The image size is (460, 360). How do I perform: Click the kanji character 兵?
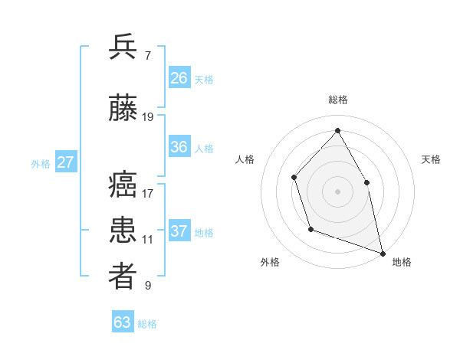[123, 47]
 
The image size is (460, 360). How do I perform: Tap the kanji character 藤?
[123, 110]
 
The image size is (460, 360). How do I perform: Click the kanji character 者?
[123, 277]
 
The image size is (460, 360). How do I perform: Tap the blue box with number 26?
[179, 78]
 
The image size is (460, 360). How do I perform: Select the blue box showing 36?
[179, 148]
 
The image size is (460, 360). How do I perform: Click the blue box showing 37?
[179, 231]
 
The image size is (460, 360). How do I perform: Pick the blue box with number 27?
[65, 162]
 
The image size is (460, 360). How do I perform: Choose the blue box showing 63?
[123, 322]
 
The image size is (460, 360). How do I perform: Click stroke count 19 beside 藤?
[148, 117]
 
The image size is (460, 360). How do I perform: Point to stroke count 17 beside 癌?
[148, 193]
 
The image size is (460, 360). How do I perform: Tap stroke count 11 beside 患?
[148, 240]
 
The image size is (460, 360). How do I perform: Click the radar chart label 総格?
[338, 100]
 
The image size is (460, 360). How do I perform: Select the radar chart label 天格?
[432, 159]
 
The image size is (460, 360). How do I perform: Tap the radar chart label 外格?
[270, 262]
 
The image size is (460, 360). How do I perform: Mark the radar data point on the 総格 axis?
[337, 130]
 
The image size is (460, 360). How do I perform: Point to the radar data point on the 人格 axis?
[294, 178]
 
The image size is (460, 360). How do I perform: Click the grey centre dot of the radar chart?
[337, 191]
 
